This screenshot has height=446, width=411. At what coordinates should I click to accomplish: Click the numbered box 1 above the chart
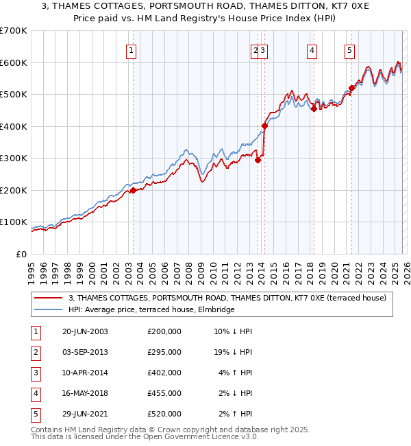click(131, 49)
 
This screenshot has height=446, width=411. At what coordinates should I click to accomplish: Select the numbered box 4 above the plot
click(312, 49)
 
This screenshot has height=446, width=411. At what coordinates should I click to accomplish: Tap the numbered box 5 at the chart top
click(349, 49)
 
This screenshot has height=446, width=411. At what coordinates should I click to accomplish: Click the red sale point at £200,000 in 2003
click(133, 191)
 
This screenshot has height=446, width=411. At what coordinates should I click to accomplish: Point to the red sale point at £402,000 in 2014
click(264, 126)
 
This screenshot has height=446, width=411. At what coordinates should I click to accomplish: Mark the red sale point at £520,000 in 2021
click(351, 88)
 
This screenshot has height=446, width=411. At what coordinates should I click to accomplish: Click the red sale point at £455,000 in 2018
click(314, 108)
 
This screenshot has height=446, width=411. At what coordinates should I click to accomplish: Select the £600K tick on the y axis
click(14, 62)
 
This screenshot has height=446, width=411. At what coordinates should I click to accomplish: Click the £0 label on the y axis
click(22, 254)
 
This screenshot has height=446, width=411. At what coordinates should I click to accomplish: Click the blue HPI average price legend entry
click(151, 310)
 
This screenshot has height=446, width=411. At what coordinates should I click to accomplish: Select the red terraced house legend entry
click(227, 298)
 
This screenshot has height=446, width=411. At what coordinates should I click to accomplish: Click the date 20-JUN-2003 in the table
click(85, 331)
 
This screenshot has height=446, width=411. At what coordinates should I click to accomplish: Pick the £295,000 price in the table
click(164, 352)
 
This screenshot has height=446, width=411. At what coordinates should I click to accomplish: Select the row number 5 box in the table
click(35, 414)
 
